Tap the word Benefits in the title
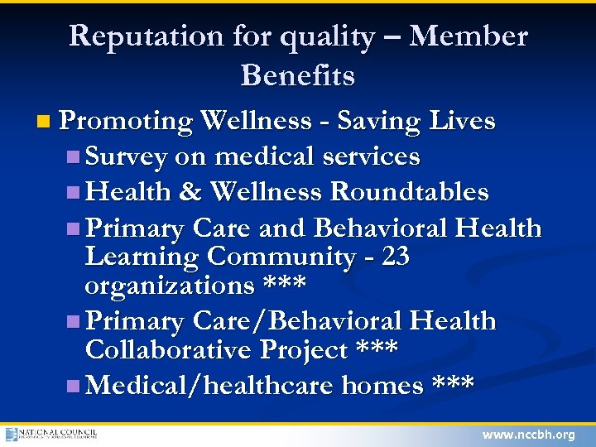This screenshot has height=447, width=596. coord(298,76)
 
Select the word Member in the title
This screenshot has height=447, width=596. coord(469,36)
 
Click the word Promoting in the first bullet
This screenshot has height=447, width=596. coord(126,122)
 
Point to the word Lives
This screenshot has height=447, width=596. coord(462,122)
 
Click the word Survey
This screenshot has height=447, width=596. coord(126,156)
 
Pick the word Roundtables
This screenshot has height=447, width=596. coord(410,192)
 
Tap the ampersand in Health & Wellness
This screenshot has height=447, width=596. coord(190,192)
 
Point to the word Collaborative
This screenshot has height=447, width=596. coord(169,350)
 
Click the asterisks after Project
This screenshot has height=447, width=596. coord(376,350)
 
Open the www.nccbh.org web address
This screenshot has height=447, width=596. coord(528,435)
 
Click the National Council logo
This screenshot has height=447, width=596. coord(51,434)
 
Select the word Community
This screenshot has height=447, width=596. coord(280,257)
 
